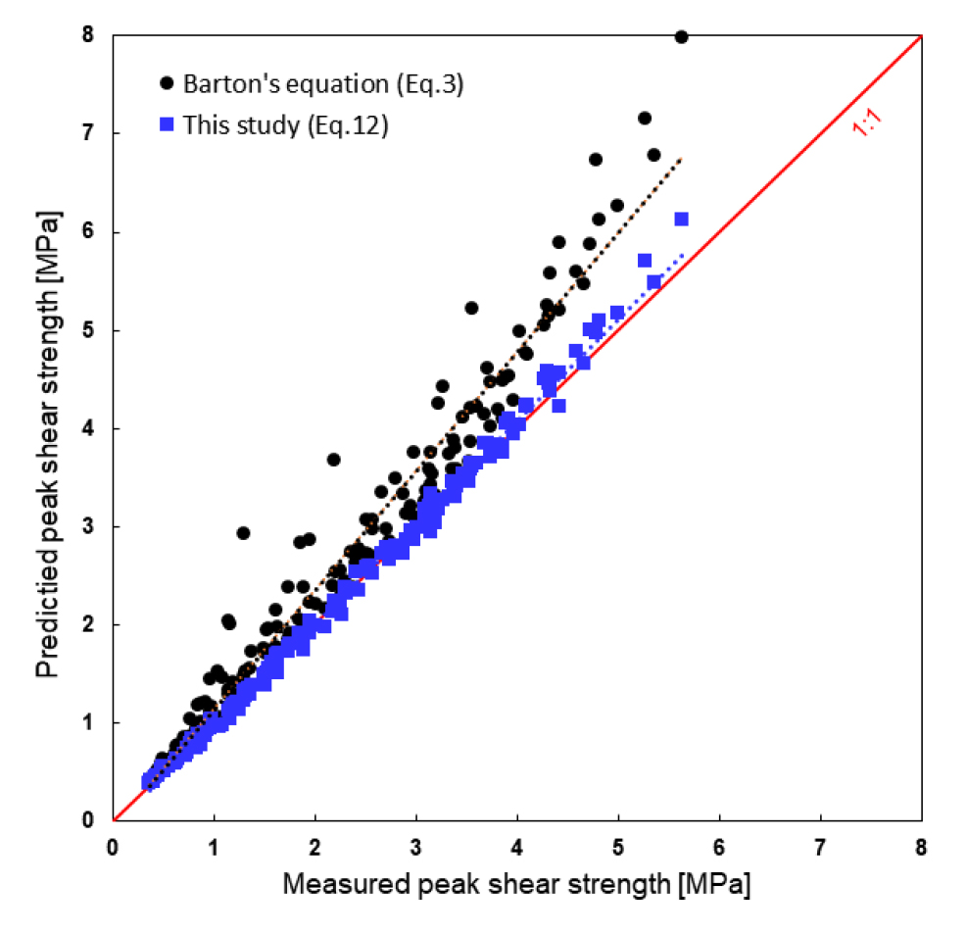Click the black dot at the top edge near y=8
(x=681, y=36)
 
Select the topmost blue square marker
(x=681, y=219)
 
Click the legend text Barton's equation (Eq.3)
(x=323, y=84)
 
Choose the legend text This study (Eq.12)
(x=286, y=125)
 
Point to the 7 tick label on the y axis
(x=87, y=133)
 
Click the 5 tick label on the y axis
(x=87, y=330)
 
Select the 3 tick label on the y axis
(x=87, y=526)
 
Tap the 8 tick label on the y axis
(x=87, y=35)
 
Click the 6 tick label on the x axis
(x=719, y=845)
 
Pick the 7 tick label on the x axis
(x=820, y=845)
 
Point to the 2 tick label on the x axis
(x=315, y=845)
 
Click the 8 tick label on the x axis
(x=921, y=845)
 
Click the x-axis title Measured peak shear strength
(x=517, y=885)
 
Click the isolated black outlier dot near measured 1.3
(x=243, y=532)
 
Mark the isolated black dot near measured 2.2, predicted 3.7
(x=333, y=459)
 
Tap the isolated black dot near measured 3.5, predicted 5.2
(x=471, y=308)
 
